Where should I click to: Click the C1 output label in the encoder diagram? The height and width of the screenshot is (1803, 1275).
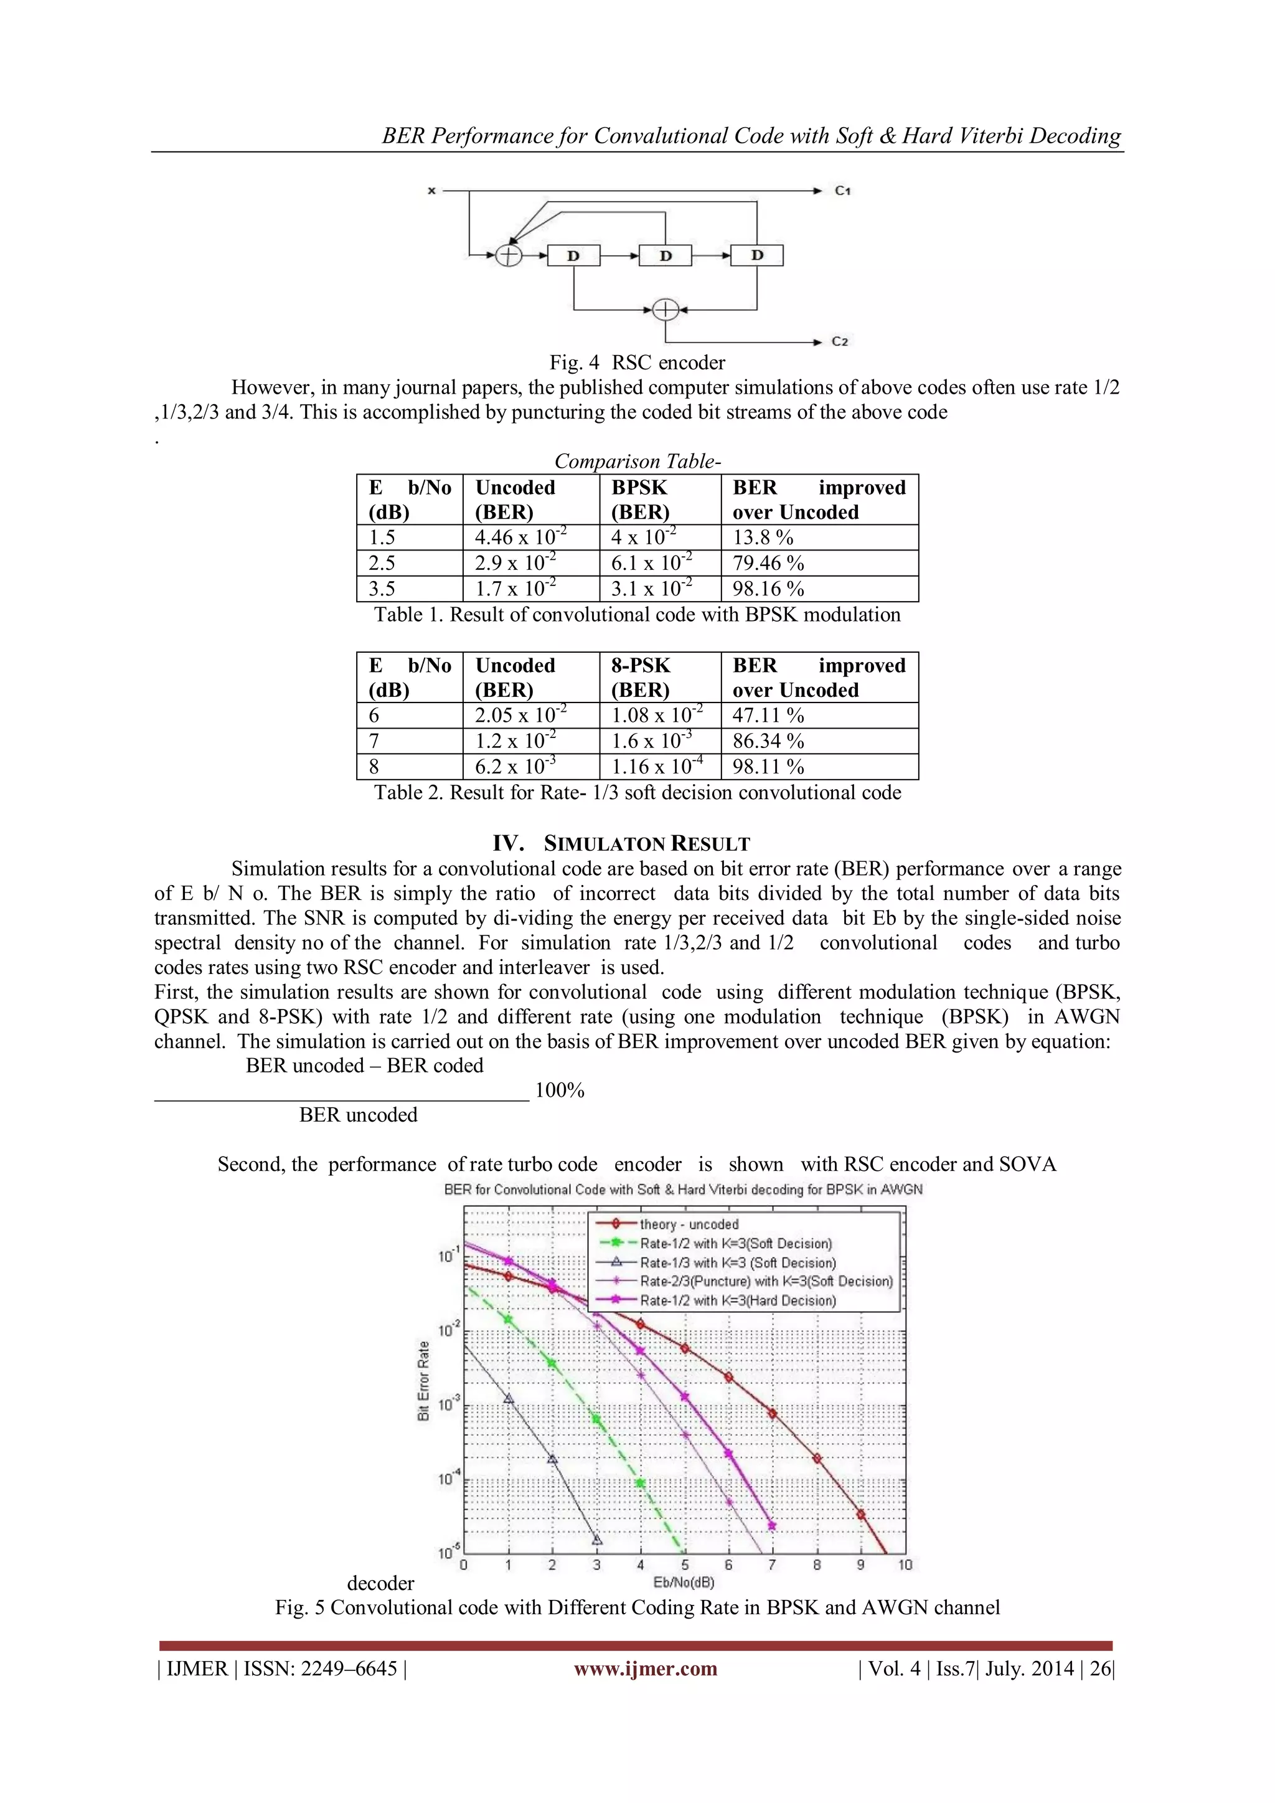pyautogui.click(x=842, y=191)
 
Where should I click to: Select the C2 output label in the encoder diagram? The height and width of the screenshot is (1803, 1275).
pyautogui.click(x=840, y=341)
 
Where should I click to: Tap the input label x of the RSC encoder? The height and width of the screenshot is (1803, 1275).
pyautogui.click(x=431, y=191)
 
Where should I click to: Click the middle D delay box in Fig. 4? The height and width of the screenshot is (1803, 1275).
pyautogui.click(x=665, y=255)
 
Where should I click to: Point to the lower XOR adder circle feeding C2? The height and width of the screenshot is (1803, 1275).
pyautogui.click(x=665, y=310)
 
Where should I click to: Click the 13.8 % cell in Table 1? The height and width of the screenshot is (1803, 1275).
pyautogui.click(x=763, y=538)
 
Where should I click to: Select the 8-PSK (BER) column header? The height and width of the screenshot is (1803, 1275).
pyautogui.click(x=641, y=678)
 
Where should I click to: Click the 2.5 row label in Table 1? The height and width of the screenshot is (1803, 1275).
pyautogui.click(x=382, y=564)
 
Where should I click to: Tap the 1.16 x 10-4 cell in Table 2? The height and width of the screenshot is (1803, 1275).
pyautogui.click(x=657, y=767)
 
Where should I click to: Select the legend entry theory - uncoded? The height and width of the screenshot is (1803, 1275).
pyautogui.click(x=689, y=1224)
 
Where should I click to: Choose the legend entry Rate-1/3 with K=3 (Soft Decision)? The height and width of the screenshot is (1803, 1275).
pyautogui.click(x=737, y=1263)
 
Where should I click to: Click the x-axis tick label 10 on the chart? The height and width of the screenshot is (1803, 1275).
pyautogui.click(x=905, y=1565)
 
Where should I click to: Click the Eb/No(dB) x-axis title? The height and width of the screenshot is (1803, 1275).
pyautogui.click(x=683, y=1583)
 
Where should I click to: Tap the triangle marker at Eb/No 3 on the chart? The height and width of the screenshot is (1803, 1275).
pyautogui.click(x=596, y=1540)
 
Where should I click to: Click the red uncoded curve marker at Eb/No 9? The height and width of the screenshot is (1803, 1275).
pyautogui.click(x=860, y=1515)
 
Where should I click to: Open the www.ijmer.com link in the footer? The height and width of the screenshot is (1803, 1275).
pyautogui.click(x=646, y=1668)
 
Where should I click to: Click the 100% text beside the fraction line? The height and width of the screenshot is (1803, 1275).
pyautogui.click(x=559, y=1091)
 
